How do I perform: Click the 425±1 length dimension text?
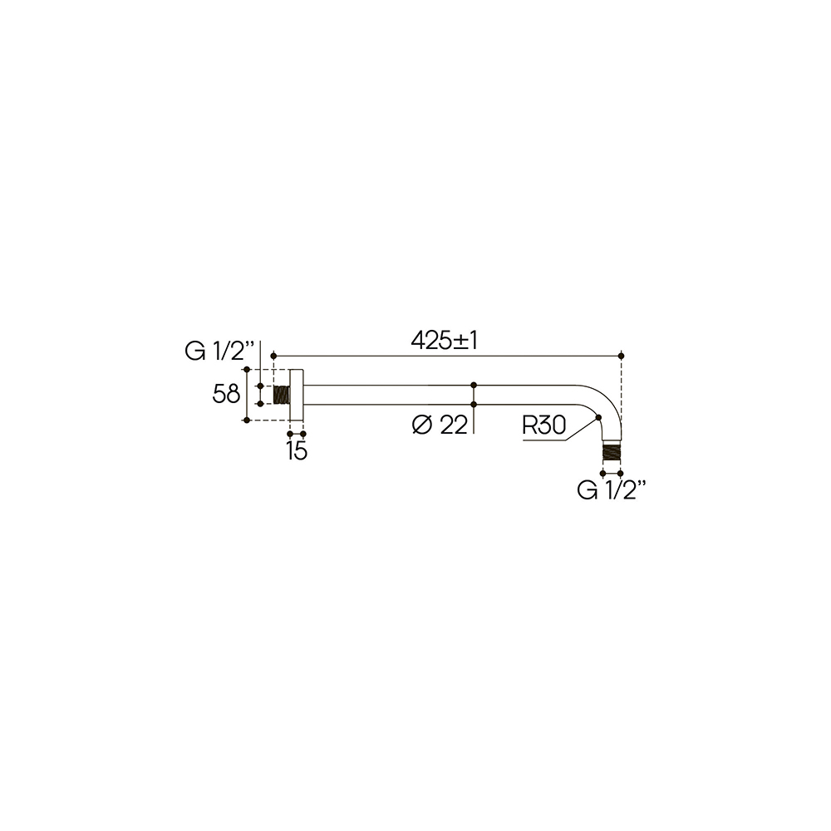[444, 341]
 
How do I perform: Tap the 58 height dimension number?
[226, 394]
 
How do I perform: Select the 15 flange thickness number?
[297, 451]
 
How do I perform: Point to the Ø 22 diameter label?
[440, 425]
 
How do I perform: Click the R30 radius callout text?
[544, 425]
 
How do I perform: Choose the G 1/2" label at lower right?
[612, 490]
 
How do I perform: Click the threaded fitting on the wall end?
[282, 395]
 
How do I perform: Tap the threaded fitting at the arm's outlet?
[612, 452]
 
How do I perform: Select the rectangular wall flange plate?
[297, 395]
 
